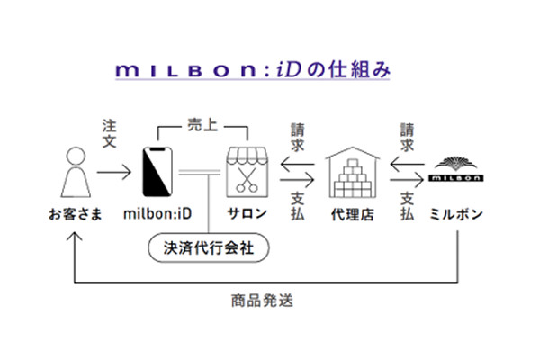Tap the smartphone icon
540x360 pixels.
pyautogui.click(x=159, y=171)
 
